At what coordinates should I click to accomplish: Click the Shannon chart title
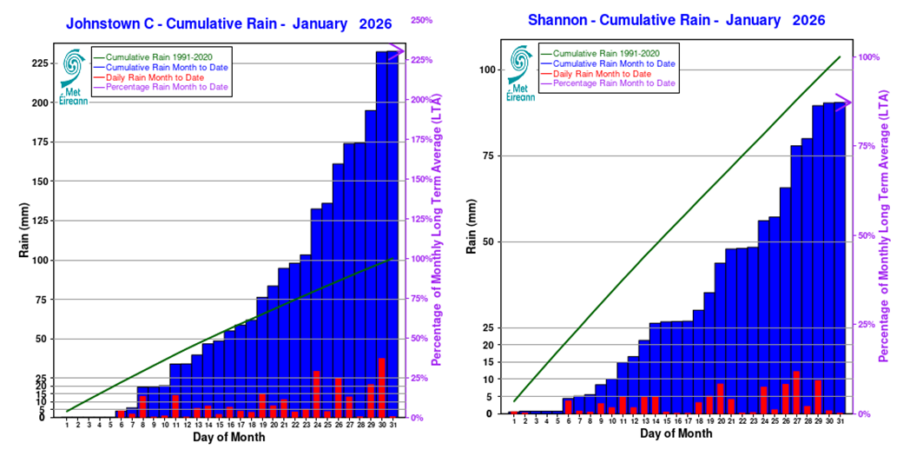[x=676, y=20]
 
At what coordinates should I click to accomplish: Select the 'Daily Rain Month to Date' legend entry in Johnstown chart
[x=155, y=77]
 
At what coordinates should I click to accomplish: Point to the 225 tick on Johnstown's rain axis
[x=40, y=63]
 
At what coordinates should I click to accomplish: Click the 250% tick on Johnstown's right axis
[x=422, y=20]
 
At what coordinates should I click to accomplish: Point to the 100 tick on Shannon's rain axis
[x=487, y=70]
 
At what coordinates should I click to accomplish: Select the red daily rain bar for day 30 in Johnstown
[x=381, y=387]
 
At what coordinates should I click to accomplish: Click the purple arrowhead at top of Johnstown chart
[x=398, y=52]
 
